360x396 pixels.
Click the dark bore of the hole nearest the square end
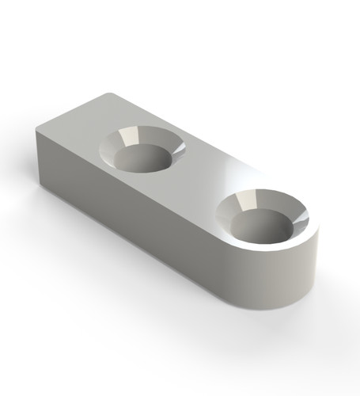(147, 159)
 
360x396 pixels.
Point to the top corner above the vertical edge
(36, 129)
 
